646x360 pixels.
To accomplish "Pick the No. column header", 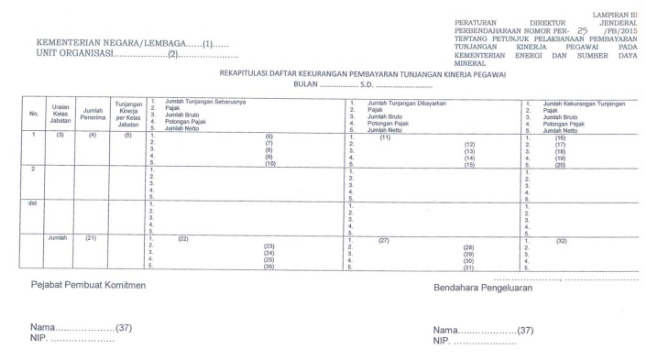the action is pyautogui.click(x=33, y=115).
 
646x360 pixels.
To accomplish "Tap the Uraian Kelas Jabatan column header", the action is pyautogui.click(x=61, y=115).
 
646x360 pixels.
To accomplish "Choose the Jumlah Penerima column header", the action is pyautogui.click(x=92, y=114).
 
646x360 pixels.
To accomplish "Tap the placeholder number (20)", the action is pyautogui.click(x=560, y=164).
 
